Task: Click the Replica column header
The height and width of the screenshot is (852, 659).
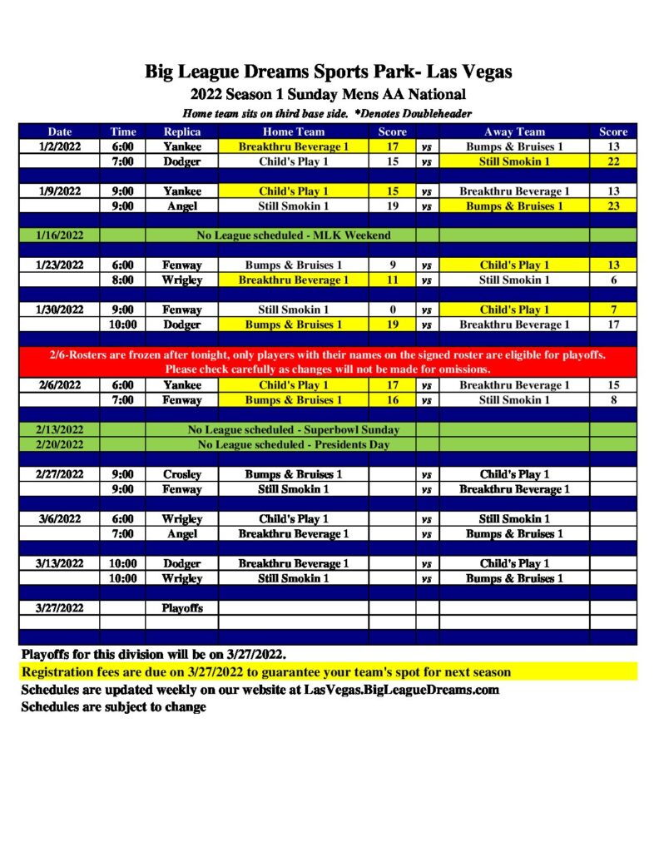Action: pyautogui.click(x=181, y=131)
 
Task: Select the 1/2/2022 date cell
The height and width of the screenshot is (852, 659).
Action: pyautogui.click(x=60, y=146)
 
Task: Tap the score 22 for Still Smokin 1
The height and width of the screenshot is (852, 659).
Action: pyautogui.click(x=613, y=161)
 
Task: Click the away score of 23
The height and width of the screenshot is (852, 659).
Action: pyautogui.click(x=613, y=206)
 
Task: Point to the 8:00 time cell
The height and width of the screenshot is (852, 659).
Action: pyautogui.click(x=122, y=280)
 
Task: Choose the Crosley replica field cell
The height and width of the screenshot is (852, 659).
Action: pyautogui.click(x=181, y=474)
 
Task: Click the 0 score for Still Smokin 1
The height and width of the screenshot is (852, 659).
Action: pyautogui.click(x=392, y=310)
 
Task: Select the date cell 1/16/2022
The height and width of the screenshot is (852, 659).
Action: pyautogui.click(x=60, y=235)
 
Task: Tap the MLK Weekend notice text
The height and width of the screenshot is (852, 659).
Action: pyautogui.click(x=293, y=235)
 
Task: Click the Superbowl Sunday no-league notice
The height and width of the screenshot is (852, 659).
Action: pyautogui.click(x=293, y=430)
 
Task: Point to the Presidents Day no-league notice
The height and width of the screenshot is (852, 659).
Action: pyautogui.click(x=293, y=444)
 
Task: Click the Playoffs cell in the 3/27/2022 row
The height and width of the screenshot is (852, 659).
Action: pyautogui.click(x=181, y=607)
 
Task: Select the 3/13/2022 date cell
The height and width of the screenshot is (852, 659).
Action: pyautogui.click(x=60, y=563)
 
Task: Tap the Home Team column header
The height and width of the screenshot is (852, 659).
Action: pyautogui.click(x=293, y=131)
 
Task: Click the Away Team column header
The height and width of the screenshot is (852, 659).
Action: pyautogui.click(x=514, y=131)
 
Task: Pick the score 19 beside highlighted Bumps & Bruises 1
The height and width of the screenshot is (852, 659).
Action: pyautogui.click(x=392, y=324)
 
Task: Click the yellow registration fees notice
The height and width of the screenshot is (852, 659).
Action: pyautogui.click(x=266, y=671)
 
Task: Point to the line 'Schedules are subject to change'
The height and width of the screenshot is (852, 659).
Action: pyautogui.click(x=113, y=707)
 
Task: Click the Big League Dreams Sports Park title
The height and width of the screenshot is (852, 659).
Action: pyautogui.click(x=329, y=72)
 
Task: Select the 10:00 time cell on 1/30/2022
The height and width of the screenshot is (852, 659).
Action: pyautogui.click(x=122, y=324)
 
